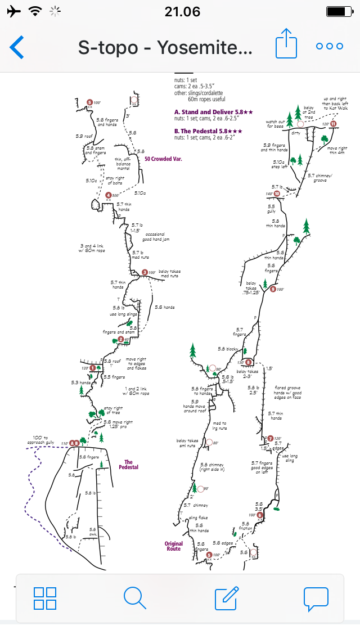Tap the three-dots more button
[x=330, y=47]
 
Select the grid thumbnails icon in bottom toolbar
[x=44, y=598]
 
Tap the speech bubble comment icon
[x=316, y=598]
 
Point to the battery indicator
[x=337, y=11]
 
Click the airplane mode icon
[x=13, y=11]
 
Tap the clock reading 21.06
[x=179, y=11]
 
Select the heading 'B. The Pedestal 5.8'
[x=208, y=131]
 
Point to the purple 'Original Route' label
[x=173, y=546]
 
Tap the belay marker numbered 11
[x=334, y=124]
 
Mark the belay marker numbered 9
[x=273, y=289]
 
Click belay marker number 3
[x=145, y=273]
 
